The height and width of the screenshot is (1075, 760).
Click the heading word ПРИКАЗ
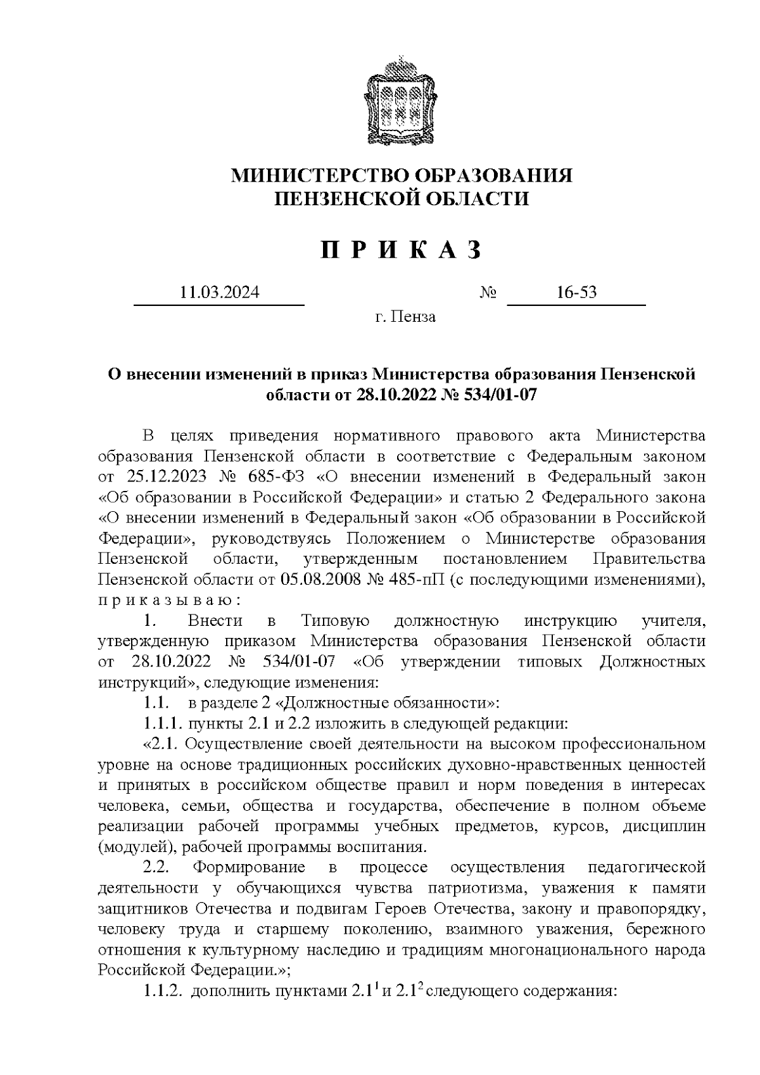click(401, 251)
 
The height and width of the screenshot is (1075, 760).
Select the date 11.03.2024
click(219, 293)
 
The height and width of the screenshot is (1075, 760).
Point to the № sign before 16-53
click(488, 293)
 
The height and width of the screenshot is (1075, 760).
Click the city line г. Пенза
click(405, 316)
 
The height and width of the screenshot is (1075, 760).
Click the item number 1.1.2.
click(162, 991)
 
